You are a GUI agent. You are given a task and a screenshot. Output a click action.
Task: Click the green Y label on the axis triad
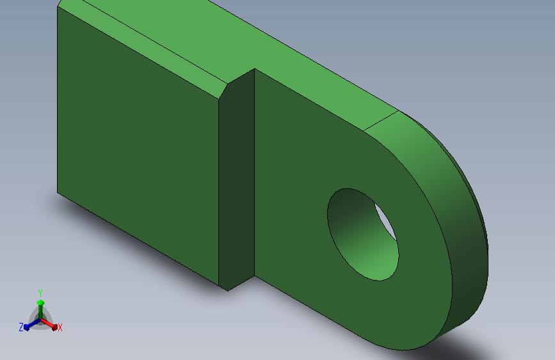pyautogui.click(x=40, y=293)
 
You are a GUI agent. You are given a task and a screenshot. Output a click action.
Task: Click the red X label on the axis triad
pyautogui.click(x=60, y=327)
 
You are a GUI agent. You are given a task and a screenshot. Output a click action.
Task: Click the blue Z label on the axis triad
pyautogui.click(x=21, y=327)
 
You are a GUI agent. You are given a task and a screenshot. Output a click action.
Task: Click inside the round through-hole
pyautogui.click(x=362, y=234)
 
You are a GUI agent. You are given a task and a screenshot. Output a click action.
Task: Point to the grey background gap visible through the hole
pyautogui.click(x=385, y=220)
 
